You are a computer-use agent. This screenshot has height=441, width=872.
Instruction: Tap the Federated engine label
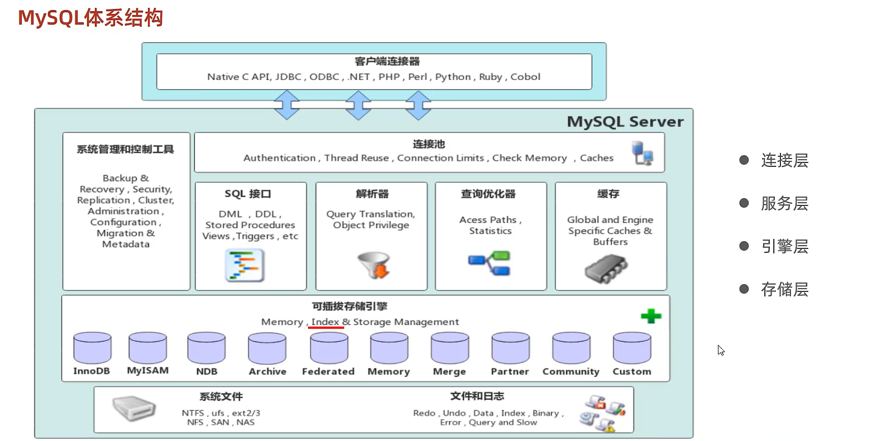(328, 371)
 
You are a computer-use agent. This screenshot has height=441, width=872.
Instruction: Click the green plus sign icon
(651, 317)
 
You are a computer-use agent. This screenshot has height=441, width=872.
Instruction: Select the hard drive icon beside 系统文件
(133, 410)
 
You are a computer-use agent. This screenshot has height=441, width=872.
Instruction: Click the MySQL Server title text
(625, 122)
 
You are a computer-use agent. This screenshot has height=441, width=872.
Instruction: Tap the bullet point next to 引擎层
(744, 246)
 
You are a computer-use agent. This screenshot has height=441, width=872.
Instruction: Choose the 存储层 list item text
(784, 289)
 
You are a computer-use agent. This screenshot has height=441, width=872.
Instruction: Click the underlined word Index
(325, 322)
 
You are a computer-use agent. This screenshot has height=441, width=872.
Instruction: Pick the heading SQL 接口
(248, 194)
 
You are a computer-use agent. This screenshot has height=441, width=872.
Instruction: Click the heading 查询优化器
(488, 194)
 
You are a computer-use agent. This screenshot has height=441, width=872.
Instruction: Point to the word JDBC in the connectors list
(288, 77)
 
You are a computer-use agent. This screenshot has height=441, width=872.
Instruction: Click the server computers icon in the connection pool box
(643, 153)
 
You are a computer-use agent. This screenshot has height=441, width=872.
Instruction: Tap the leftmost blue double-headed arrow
(286, 106)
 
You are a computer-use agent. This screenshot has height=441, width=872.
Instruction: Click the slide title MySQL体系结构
(90, 18)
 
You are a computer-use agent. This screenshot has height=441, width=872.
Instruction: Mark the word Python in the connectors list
(453, 77)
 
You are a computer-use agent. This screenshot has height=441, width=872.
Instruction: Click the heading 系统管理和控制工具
(126, 149)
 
